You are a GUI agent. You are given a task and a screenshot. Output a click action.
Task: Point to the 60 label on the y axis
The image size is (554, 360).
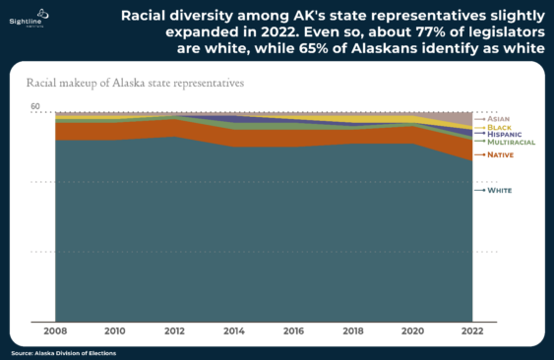point(35,106)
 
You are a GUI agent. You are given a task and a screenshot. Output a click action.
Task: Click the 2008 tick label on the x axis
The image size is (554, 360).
point(55,331)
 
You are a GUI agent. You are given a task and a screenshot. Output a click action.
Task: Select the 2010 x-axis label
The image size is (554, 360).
point(115,331)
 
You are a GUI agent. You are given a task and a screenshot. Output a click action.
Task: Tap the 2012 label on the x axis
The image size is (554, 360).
point(174,331)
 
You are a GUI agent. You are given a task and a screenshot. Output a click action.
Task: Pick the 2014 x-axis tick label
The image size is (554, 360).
point(234,331)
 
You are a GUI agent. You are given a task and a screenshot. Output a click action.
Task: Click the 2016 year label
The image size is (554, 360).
point(293,331)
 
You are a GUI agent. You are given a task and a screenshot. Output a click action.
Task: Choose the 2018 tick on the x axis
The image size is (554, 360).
point(353,331)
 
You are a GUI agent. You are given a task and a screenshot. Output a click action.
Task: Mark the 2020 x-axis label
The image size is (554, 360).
point(412,331)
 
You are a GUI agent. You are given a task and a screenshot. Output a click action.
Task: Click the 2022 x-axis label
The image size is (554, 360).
point(471,331)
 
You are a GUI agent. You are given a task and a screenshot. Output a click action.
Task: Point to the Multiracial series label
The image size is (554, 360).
point(511,142)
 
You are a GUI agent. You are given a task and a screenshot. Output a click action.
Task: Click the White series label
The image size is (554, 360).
point(500,190)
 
